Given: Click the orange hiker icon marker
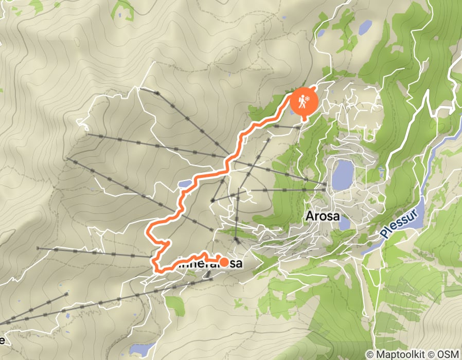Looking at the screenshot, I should tap(303, 101).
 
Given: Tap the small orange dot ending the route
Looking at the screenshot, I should tap(224, 262).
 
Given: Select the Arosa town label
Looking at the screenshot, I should tap(323, 216).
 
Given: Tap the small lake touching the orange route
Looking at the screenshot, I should tap(185, 184).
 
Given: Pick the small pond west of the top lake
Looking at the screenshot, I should tap(321, 33).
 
